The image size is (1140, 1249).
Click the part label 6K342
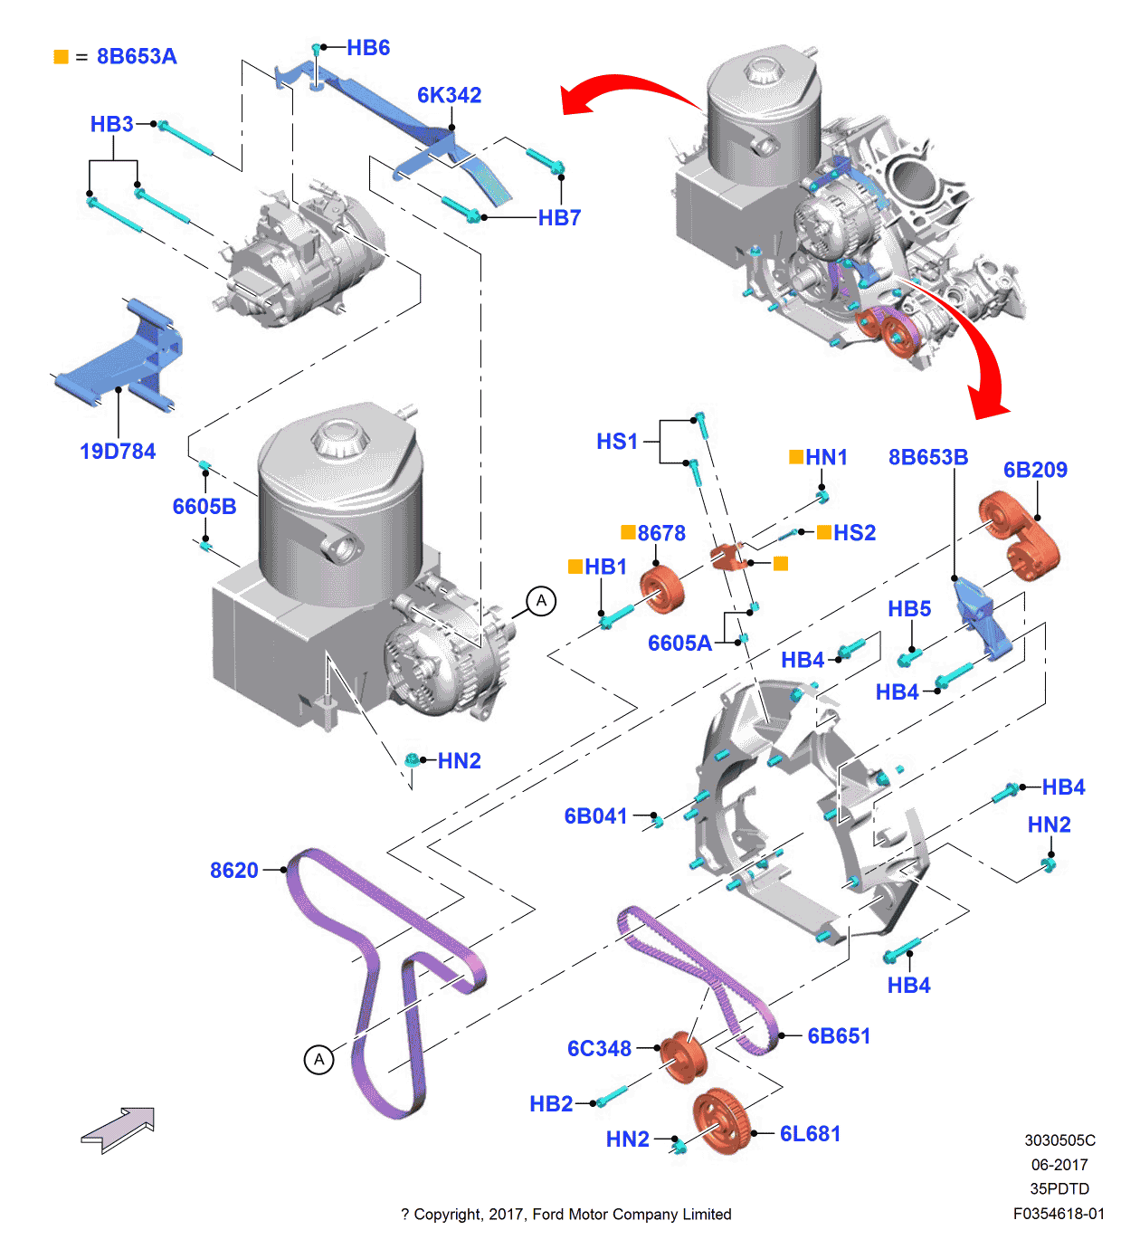pos(449,95)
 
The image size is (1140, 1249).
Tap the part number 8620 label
pos(233,870)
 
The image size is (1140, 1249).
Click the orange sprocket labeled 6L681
pos(722,1121)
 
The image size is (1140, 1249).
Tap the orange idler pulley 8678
pos(662,589)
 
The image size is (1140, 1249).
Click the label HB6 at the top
pos(368,48)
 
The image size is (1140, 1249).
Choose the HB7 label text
pos(559,218)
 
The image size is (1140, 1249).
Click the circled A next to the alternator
pos(541,601)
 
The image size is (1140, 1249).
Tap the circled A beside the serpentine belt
pos(318,1059)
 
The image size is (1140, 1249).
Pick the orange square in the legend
pos(62,57)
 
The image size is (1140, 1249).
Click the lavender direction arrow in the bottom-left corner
pos(119,1129)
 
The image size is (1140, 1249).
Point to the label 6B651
pos(839,1036)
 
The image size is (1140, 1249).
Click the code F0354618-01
pos(1059,1214)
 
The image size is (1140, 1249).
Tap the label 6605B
pos(204,507)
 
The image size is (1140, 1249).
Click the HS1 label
pos(617,442)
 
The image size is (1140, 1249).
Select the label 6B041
pos(595,816)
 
